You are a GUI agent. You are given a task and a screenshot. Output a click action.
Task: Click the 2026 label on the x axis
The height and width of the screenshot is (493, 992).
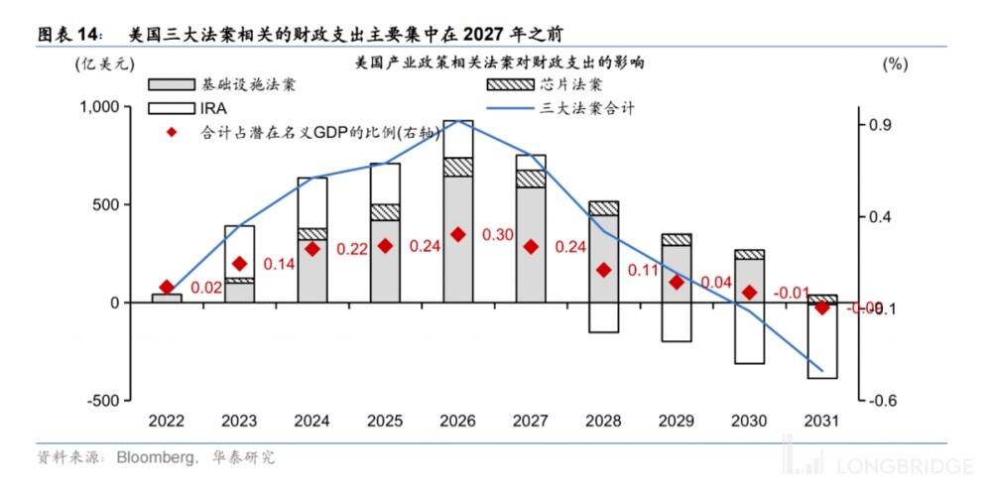(457, 422)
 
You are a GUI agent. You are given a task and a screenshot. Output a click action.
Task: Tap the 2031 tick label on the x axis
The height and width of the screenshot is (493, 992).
(821, 422)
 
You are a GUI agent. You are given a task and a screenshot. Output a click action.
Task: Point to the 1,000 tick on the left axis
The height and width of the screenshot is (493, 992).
(98, 107)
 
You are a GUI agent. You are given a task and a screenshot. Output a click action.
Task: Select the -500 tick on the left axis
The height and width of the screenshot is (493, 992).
(103, 400)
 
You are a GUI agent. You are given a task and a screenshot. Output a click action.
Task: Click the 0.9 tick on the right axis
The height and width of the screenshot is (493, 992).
(881, 125)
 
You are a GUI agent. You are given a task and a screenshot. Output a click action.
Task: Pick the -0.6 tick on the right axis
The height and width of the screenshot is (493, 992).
(883, 400)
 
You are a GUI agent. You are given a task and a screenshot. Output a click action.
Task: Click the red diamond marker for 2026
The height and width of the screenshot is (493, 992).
(457, 234)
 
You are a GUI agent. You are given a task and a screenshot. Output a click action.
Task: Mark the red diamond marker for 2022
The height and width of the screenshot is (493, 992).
(167, 288)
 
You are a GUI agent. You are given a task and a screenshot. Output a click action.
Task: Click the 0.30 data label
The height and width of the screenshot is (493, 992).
(498, 235)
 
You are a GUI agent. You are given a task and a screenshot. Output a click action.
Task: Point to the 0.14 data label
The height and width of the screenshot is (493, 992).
(280, 264)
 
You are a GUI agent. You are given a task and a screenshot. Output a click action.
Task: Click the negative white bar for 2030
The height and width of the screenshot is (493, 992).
(749, 333)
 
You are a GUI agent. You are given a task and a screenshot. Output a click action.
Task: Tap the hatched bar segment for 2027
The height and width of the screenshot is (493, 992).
(531, 179)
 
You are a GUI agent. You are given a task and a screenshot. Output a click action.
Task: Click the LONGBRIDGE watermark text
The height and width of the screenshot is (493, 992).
(892, 466)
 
